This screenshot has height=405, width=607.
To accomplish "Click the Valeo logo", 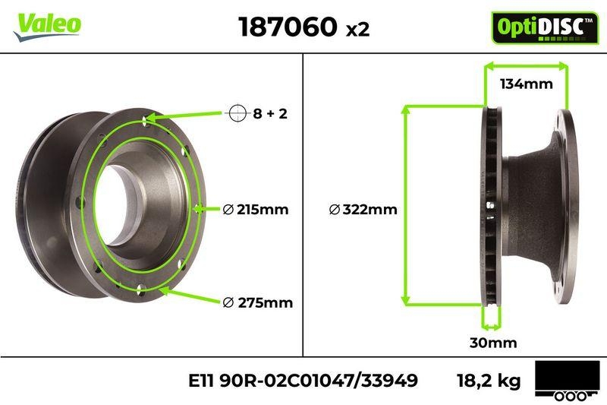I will (46, 24).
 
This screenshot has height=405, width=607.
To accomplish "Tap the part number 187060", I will (288, 27).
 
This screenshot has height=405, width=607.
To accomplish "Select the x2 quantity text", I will (357, 30).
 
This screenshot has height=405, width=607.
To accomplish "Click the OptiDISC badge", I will (539, 27).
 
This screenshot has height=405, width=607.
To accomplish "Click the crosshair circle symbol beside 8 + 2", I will (237, 114).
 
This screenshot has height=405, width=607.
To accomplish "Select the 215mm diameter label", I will (256, 210).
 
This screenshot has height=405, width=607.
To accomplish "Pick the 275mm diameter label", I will (258, 302).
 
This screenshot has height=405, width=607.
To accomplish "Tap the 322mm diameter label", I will (363, 210).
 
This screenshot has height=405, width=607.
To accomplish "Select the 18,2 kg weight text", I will (489, 379).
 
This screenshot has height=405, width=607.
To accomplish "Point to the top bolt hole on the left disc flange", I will (145, 119).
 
